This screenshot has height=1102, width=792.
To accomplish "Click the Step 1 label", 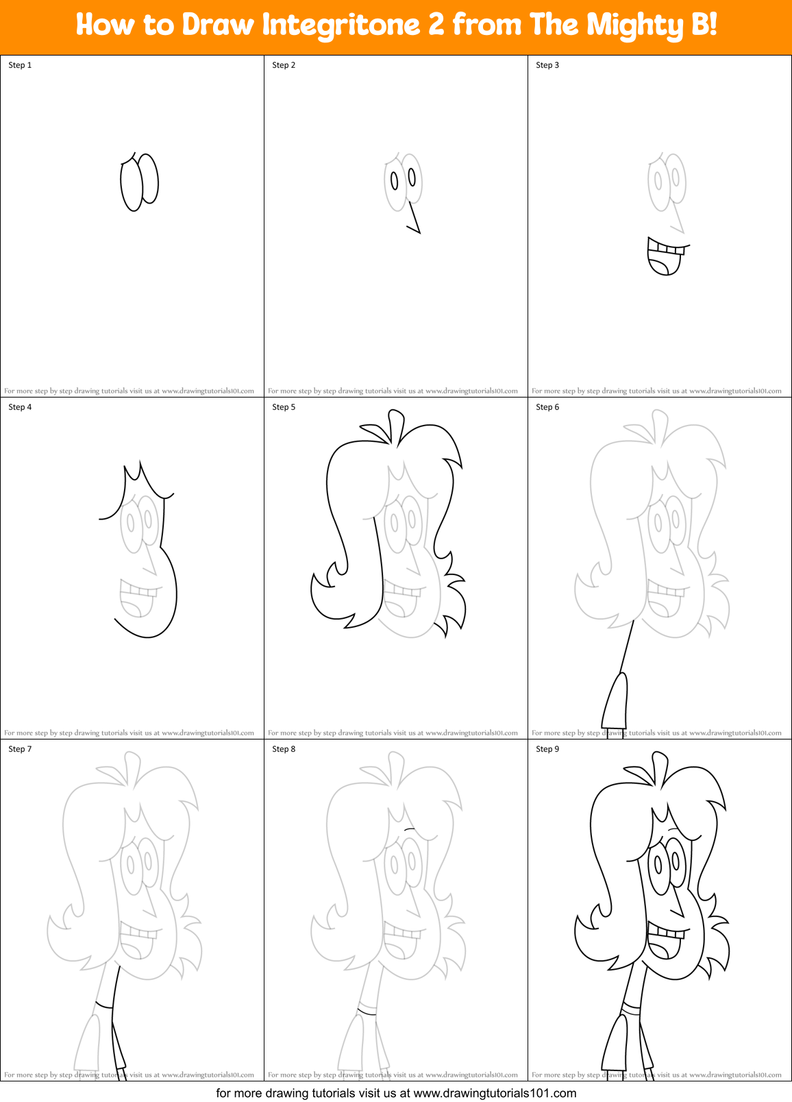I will click(x=20, y=65).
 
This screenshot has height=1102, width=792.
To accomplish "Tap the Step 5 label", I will click(x=284, y=407).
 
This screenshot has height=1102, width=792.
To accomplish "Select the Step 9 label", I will click(x=547, y=749).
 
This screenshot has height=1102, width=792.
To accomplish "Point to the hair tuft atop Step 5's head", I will click(x=394, y=425).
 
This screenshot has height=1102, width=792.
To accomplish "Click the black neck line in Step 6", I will click(x=627, y=644).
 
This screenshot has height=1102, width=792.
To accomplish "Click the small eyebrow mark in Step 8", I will click(x=410, y=829).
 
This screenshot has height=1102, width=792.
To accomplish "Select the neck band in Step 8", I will click(x=367, y=1009).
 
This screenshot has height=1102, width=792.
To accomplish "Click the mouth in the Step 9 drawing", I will click(x=665, y=942).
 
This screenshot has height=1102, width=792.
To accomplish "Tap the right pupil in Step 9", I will click(x=676, y=862).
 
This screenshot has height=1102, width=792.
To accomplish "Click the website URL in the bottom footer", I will click(x=495, y=1093).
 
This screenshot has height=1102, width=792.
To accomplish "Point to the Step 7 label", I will click(x=20, y=749).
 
